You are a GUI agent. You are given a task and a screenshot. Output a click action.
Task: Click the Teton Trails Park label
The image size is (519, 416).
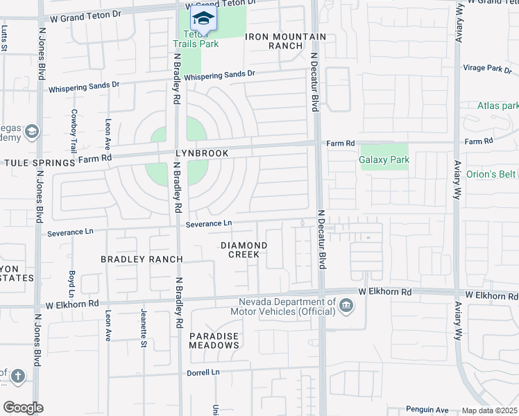point(196,39)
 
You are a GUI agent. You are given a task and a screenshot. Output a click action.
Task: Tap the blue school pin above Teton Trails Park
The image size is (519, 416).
point(203,18)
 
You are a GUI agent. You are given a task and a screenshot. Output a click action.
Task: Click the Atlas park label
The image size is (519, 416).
point(497,106)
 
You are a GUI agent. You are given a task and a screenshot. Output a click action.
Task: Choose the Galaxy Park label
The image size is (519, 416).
point(384,159)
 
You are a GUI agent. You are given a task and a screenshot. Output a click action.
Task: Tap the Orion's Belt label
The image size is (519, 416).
point(492,174)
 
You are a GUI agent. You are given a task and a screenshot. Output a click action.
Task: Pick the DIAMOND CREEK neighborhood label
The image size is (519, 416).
point(244,250)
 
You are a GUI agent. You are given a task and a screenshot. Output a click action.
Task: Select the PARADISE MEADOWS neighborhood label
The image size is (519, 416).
point(214,340)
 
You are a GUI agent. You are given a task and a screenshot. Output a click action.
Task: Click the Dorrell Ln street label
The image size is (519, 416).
point(203,372)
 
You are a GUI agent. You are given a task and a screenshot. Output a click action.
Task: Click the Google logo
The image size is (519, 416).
point(23,408)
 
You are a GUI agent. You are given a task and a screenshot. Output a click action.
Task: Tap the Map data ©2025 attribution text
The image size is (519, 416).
point(489,410)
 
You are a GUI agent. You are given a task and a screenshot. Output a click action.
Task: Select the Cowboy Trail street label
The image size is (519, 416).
point(74,131)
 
